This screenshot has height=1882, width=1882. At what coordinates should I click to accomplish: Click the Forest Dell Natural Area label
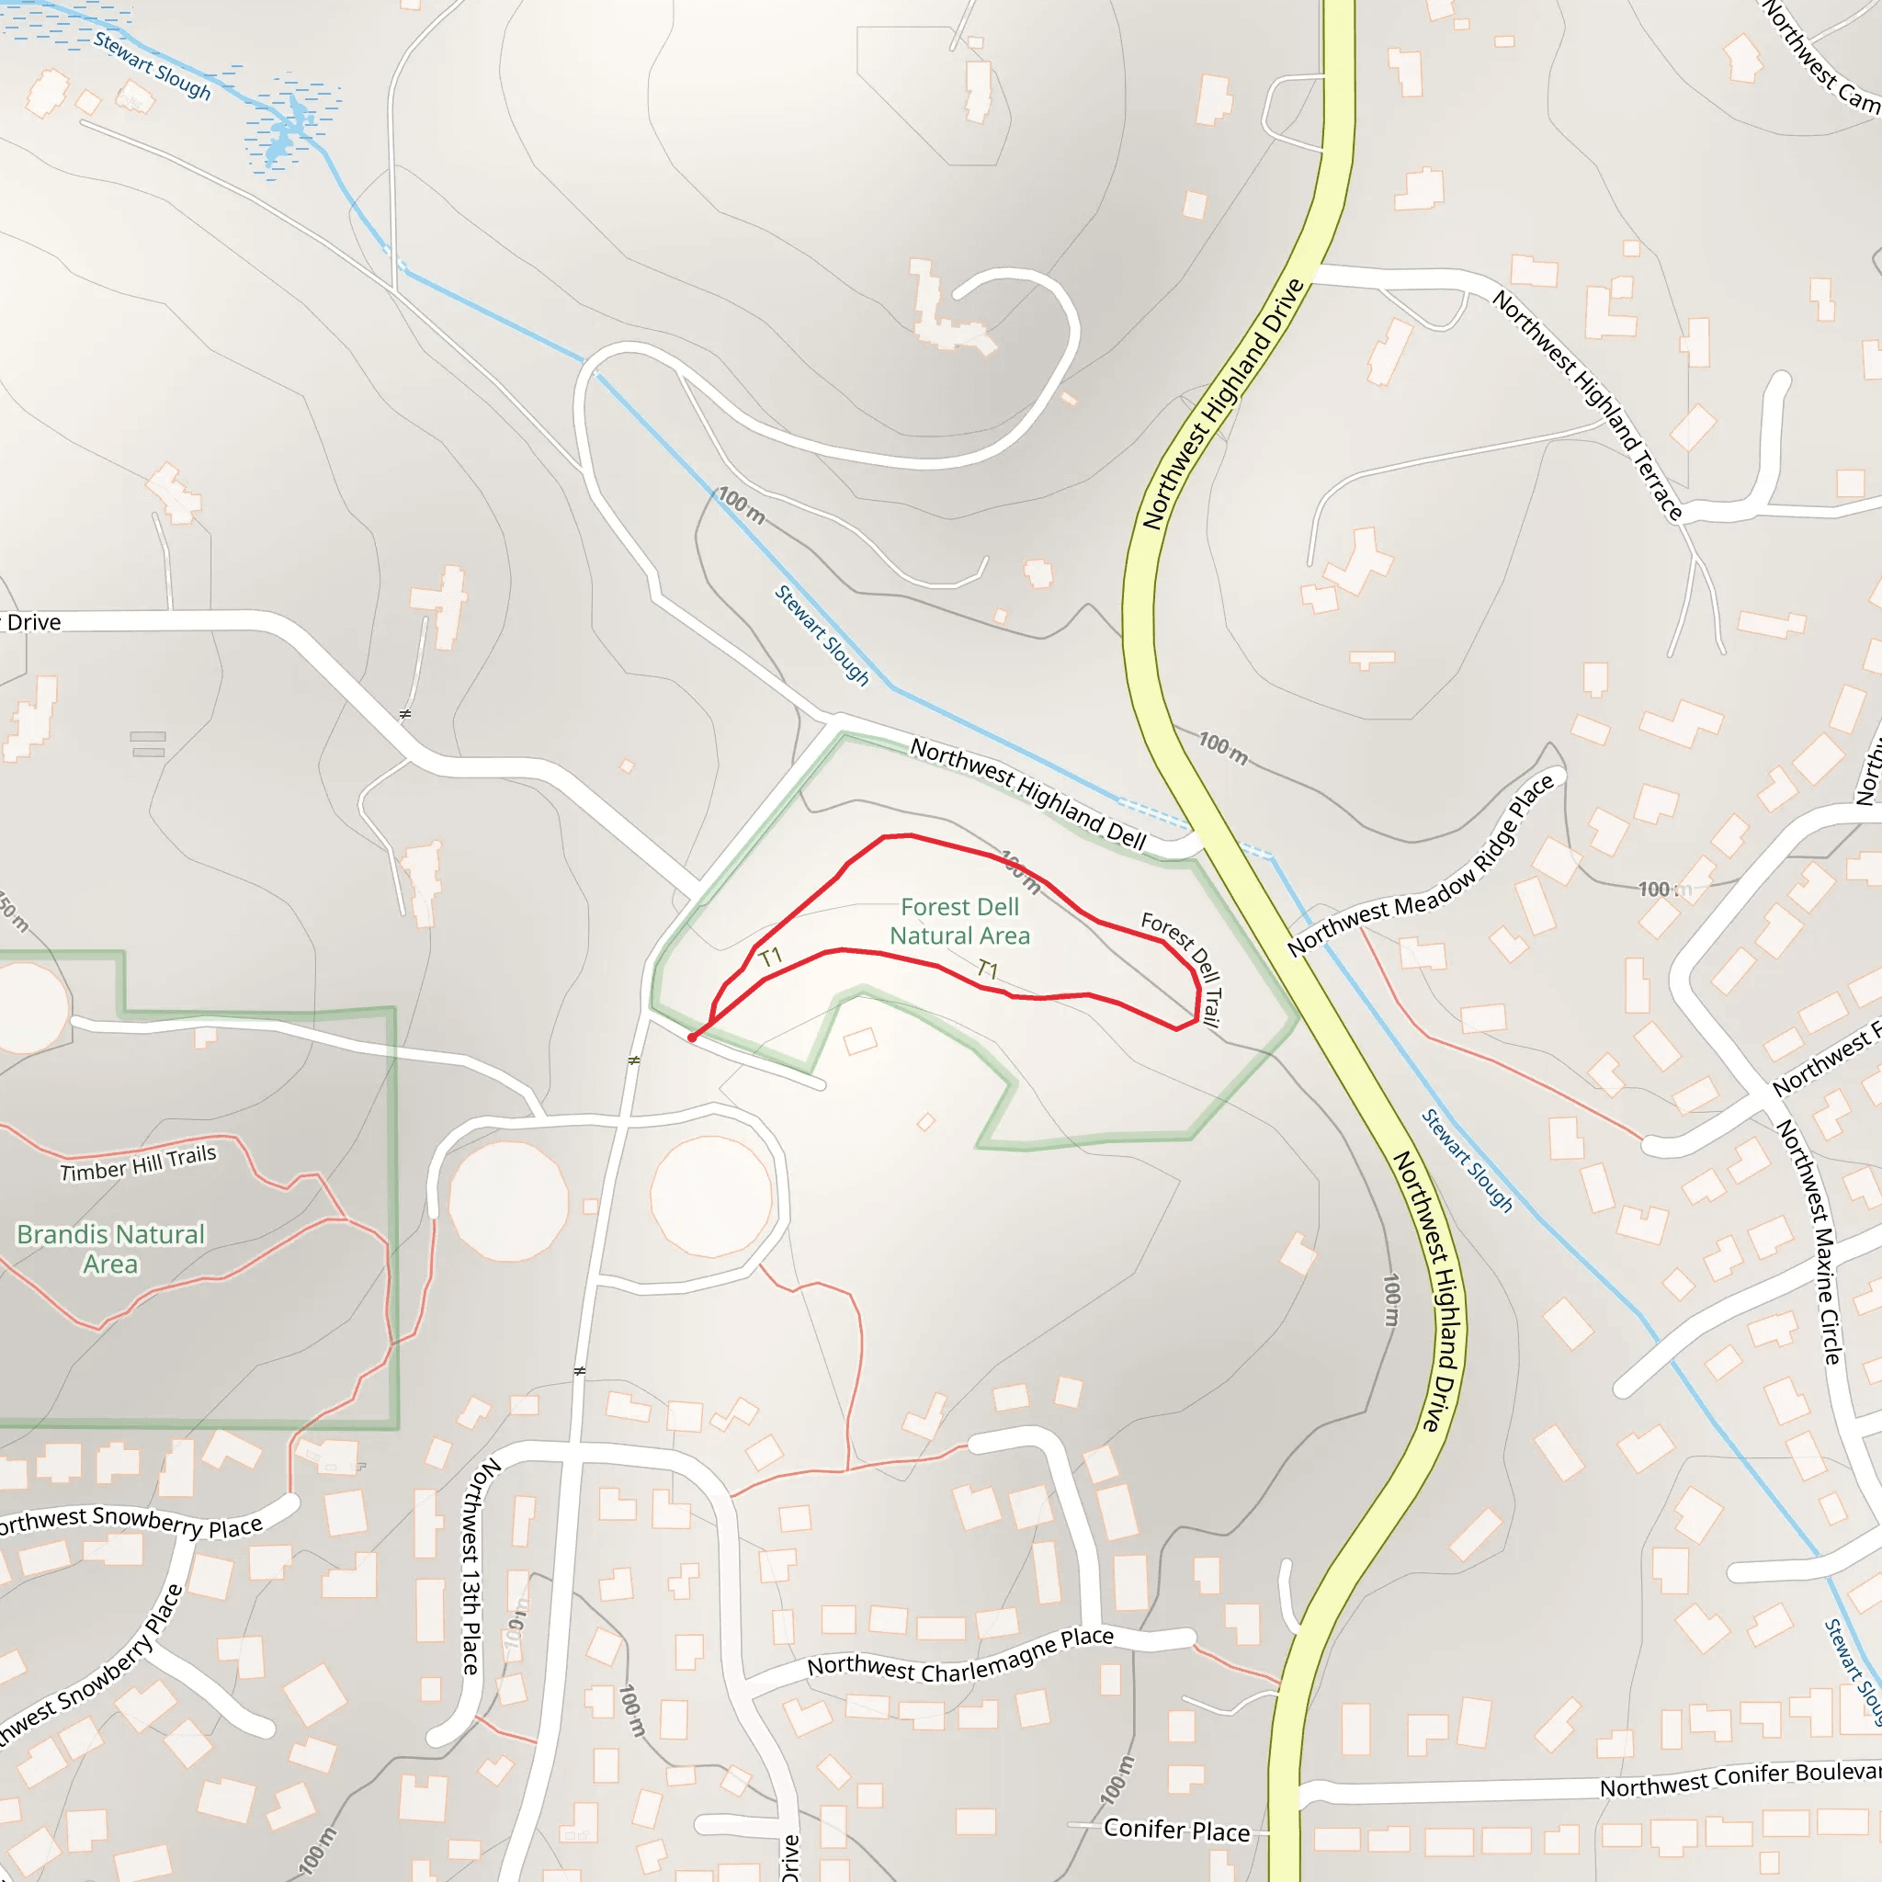coord(959,922)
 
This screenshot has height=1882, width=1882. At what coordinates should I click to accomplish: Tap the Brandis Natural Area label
coord(111,1249)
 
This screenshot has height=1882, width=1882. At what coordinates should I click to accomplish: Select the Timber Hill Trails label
coord(139,1163)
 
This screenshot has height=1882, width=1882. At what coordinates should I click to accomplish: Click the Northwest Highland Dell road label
coord(1027,794)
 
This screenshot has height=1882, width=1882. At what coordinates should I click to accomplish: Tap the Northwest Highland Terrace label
coord(1588,405)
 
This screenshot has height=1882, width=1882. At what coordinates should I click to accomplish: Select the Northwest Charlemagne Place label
coord(959,1655)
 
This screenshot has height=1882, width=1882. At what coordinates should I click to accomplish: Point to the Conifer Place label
coord(1177,1830)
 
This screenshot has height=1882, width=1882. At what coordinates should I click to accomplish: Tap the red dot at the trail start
coord(692,1038)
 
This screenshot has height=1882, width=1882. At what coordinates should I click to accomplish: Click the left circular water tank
coord(508,1200)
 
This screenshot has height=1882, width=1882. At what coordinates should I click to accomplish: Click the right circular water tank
coord(711,1196)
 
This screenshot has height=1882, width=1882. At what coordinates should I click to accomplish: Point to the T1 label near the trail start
coord(770,957)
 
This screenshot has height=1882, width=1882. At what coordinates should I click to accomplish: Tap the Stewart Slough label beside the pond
coord(152,65)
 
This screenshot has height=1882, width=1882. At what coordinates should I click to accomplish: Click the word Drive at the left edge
coord(34,621)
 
